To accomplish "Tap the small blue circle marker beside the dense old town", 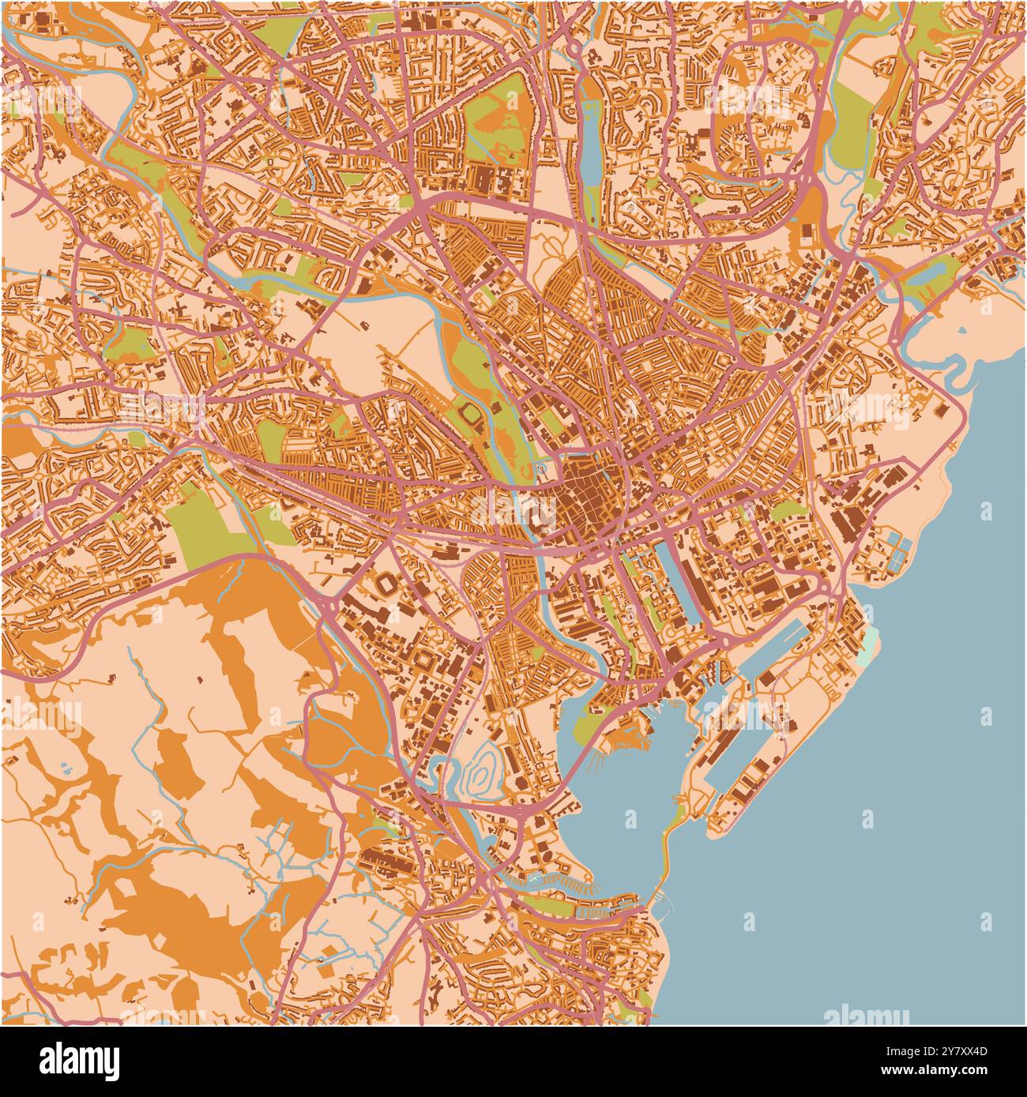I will point(542,470).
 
